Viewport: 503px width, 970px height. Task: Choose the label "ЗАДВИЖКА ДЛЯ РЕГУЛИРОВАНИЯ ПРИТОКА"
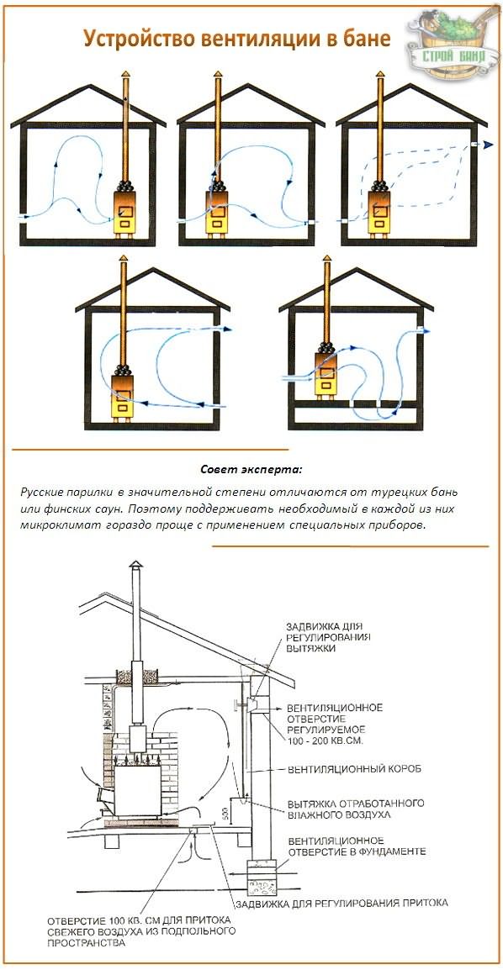pyautogui.click(x=342, y=903)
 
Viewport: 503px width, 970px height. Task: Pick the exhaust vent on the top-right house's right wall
pyautogui.click(x=477, y=145)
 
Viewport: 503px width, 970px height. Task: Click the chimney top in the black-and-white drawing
pyautogui.click(x=135, y=574)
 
